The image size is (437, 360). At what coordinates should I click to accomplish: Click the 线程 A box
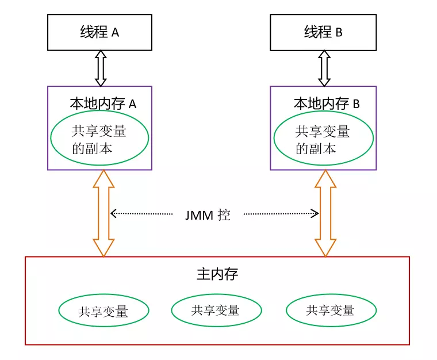[x=99, y=32]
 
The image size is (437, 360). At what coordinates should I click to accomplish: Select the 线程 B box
[x=324, y=32]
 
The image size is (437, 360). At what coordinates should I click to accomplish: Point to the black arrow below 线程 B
[x=324, y=68]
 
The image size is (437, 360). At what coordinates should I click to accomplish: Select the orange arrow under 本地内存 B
[x=325, y=213]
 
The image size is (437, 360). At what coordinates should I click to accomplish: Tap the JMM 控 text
[x=208, y=215]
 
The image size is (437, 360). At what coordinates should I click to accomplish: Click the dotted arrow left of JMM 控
[x=141, y=213]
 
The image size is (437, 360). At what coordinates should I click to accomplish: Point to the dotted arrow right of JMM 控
[x=281, y=214]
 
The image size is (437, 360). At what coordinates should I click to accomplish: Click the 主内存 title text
[x=217, y=274]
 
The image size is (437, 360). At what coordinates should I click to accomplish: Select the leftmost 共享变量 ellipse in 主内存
[x=103, y=311]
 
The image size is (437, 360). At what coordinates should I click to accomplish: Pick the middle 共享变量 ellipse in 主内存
[x=216, y=311]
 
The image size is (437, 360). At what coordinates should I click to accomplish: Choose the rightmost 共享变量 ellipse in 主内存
[x=331, y=311]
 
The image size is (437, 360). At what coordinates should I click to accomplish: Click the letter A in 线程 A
[x=115, y=33]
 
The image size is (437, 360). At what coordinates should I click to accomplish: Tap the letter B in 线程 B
[x=339, y=33]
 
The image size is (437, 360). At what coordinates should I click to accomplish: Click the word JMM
[x=198, y=216]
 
